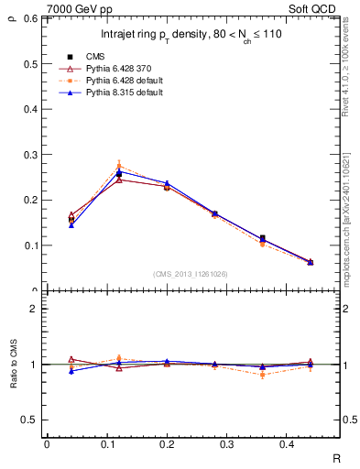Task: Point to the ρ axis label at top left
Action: (x=11, y=14)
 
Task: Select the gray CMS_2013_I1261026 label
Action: (x=191, y=274)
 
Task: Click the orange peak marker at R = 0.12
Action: (x=119, y=166)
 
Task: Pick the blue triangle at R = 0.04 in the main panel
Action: (x=71, y=224)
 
